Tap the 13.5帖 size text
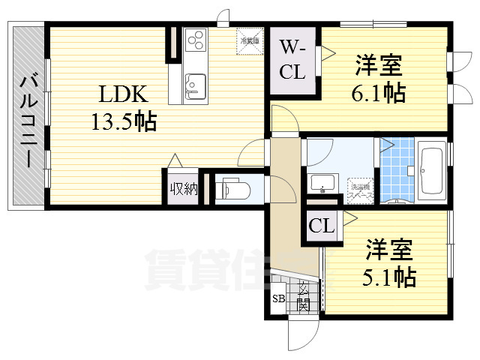click(x=124, y=122)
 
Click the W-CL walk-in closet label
click(x=292, y=61)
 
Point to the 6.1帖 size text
click(x=379, y=93)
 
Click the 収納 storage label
click(x=183, y=188)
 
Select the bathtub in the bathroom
click(x=430, y=171)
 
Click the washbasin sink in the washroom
click(x=323, y=182)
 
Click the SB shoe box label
click(x=278, y=299)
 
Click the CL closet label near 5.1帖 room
click(x=320, y=225)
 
